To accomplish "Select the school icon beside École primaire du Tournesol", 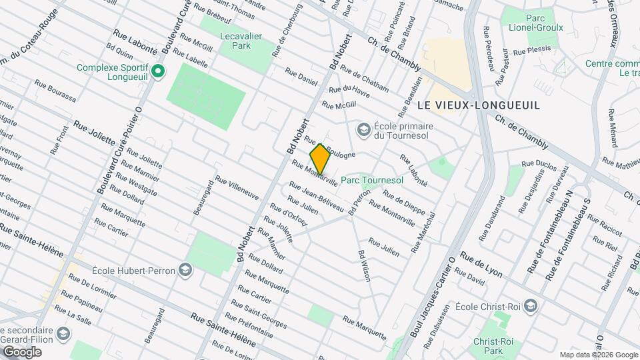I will coord(363,128).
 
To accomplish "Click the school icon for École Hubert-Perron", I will coord(185,270).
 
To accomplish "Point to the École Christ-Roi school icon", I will coord(530,307).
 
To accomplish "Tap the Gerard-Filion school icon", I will coord(62,333).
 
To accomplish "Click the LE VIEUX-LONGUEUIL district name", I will coord(478,105).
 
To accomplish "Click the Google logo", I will coord(22,351).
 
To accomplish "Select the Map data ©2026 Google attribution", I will coord(598,355).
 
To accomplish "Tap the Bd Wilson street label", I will coord(364,266).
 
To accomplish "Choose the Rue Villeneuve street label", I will coord(236,189).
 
